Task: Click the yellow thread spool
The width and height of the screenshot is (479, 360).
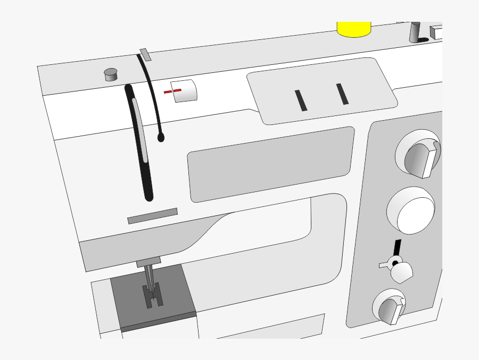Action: pyautogui.click(x=353, y=29)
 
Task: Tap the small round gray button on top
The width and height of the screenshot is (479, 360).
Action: pyautogui.click(x=111, y=74)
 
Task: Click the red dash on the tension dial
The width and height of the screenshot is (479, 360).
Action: pyautogui.click(x=172, y=91)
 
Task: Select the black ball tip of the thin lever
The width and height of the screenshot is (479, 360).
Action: pyautogui.click(x=161, y=138)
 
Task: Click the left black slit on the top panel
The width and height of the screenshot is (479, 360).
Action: pyautogui.click(x=301, y=101)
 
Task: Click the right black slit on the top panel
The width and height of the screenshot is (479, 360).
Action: pyautogui.click(x=342, y=94)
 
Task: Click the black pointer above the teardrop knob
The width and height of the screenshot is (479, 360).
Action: pyautogui.click(x=397, y=248)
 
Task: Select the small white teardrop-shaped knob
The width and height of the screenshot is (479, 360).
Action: pyautogui.click(x=402, y=272)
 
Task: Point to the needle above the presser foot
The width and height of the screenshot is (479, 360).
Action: pyautogui.click(x=149, y=277)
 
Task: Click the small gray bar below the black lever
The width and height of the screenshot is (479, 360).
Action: pyautogui.click(x=152, y=216)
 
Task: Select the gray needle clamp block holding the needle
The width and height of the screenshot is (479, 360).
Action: pyautogui.click(x=148, y=261)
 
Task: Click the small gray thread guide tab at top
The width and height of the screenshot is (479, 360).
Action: pyautogui.click(x=145, y=54)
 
